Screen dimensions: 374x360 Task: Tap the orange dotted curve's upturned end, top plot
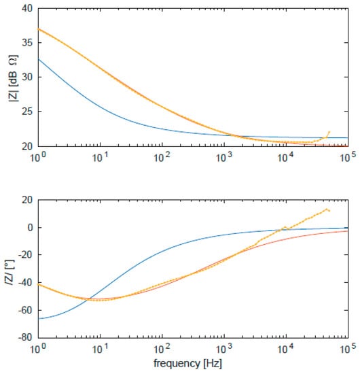pos(329,132)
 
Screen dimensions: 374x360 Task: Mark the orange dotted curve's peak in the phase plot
pos(327,209)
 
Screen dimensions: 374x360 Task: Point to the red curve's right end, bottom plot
pos(347,231)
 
